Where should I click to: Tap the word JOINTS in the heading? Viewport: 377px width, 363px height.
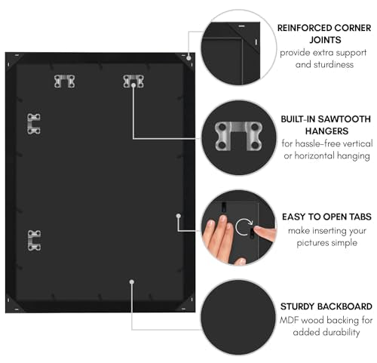tap(325, 40)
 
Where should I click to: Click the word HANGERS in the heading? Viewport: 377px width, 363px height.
tap(326, 131)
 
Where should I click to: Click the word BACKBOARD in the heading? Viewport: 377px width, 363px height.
tap(344, 306)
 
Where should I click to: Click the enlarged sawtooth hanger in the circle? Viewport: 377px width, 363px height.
tap(238, 137)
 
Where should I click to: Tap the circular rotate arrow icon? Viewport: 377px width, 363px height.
tap(244, 226)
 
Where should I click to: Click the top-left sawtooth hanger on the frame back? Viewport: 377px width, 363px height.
tap(65, 82)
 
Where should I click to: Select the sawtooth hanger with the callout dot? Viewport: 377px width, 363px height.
tap(133, 82)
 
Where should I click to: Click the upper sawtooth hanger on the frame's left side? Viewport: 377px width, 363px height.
tap(34, 124)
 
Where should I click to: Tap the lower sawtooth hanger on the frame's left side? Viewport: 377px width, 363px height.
tap(34, 241)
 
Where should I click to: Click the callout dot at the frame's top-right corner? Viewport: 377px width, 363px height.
tap(188, 58)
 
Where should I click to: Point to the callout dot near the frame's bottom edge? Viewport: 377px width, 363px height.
tap(132, 282)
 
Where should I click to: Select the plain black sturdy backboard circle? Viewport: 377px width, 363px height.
tap(238, 317)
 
